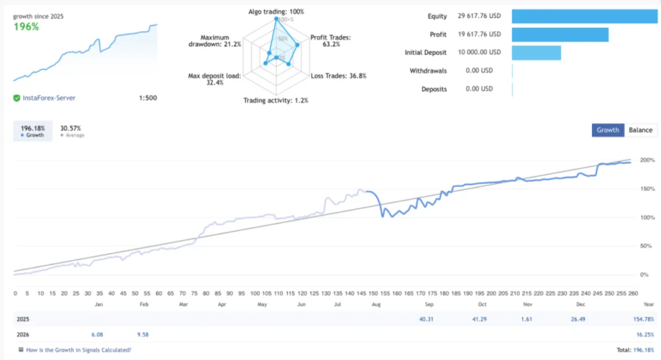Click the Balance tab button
[x=640, y=130]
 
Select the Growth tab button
[x=607, y=130]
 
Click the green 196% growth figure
[x=26, y=27]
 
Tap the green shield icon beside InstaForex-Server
[x=16, y=98]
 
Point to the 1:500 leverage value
[x=148, y=98]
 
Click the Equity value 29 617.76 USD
[x=474, y=16]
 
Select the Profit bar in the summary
[x=560, y=34]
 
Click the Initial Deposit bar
[x=536, y=52]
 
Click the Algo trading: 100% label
[x=276, y=12]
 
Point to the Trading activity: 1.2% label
[x=276, y=100]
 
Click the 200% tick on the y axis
[x=647, y=160]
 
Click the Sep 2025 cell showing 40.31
[x=427, y=319]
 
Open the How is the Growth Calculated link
[x=78, y=350]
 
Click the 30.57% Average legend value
[x=70, y=128]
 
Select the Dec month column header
[x=580, y=303]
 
